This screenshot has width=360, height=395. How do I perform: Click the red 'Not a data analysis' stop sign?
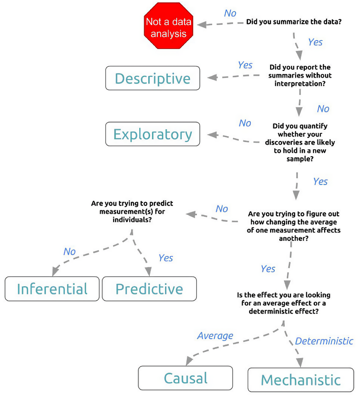tap(168, 26)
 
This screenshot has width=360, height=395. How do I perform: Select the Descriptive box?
tap(153, 78)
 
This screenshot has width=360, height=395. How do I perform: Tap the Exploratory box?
tap(153, 134)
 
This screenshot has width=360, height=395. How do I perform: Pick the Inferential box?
tap(52, 289)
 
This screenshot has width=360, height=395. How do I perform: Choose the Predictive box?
tap(149, 289)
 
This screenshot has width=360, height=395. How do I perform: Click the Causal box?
tap(186, 378)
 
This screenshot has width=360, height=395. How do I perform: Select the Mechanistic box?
tap(301, 380)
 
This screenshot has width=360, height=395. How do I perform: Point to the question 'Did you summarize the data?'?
tap(294, 22)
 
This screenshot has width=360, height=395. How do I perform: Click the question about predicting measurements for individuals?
tap(132, 211)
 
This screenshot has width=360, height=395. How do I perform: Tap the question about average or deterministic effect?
tap(284, 303)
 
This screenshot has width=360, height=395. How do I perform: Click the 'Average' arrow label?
tap(215, 336)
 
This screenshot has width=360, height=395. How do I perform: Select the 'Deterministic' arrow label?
tap(324, 341)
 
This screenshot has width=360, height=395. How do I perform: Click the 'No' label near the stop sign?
tap(230, 13)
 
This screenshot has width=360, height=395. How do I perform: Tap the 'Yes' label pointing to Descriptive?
tap(245, 65)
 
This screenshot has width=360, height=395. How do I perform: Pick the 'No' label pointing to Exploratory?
tap(245, 123)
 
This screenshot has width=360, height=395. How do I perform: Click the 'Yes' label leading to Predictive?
tap(166, 258)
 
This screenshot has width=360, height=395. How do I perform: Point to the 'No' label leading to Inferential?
tap(69, 252)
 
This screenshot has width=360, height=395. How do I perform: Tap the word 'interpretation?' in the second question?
tap(300, 83)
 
